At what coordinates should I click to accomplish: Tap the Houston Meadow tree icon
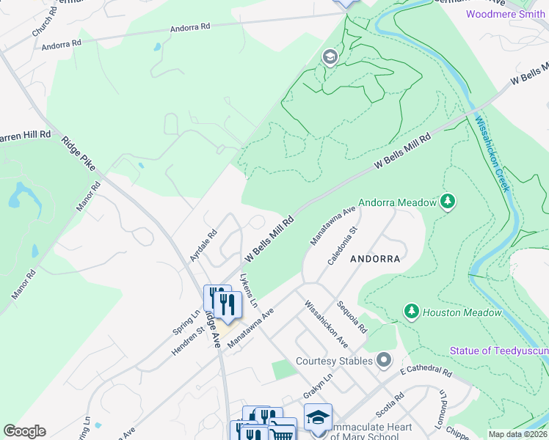pyautogui.click(x=412, y=312)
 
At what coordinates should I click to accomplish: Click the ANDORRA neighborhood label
pyautogui.click(x=374, y=259)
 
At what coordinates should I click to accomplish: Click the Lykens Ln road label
pyautogui.click(x=250, y=291)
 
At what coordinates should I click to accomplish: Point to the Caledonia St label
pyautogui.click(x=342, y=244)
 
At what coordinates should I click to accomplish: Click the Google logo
pyautogui.click(x=24, y=431)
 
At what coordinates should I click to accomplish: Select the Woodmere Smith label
pyautogui.click(x=506, y=14)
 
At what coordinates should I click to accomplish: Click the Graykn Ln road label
pyautogui.click(x=319, y=383)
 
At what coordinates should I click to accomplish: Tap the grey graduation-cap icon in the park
pyautogui.click(x=330, y=57)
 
